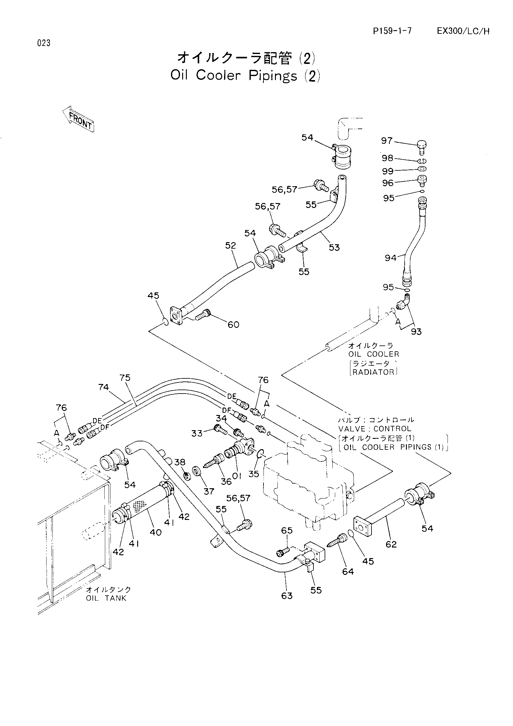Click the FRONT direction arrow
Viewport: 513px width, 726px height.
coord(78,119)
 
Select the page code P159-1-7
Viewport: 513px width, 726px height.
coord(392,31)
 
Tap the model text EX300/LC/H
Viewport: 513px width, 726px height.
coord(463,31)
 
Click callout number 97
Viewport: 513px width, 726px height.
coord(387,140)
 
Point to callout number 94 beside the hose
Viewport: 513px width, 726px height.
coord(390,258)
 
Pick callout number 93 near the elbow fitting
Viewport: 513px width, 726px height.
coord(416,331)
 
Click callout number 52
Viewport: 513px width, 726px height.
coord(231,246)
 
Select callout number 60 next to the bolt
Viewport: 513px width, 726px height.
coord(234,324)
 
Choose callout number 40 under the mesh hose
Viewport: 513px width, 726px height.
coord(155,532)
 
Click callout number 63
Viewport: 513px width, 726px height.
coord(287,596)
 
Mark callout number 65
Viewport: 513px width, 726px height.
coord(287,530)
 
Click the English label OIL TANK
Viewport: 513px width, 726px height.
coord(106,598)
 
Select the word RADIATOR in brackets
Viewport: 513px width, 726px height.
coord(374,372)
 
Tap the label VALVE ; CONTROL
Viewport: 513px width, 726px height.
coord(375,429)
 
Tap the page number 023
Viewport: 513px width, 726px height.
coord(44,43)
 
